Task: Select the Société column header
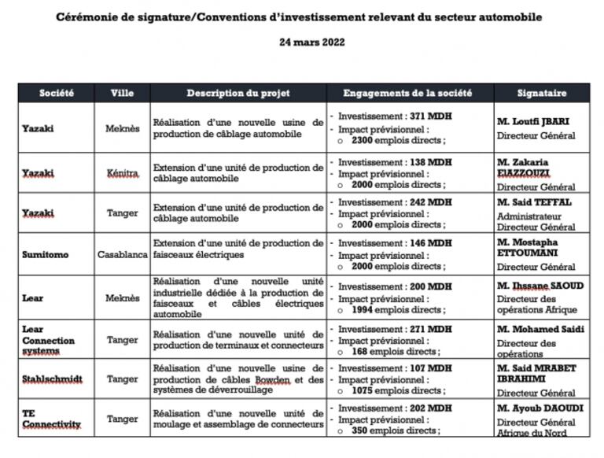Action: coord(56,93)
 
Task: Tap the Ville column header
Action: coord(122,93)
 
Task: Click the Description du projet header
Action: coord(238,93)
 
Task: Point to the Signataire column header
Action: coord(542,93)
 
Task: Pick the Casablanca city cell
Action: coord(122,255)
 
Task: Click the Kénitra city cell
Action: coord(122,172)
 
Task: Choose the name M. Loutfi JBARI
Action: coord(533,122)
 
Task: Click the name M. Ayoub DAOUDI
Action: coord(539,408)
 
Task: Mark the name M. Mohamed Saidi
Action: coord(540,329)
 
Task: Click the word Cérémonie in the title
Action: coord(89,17)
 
